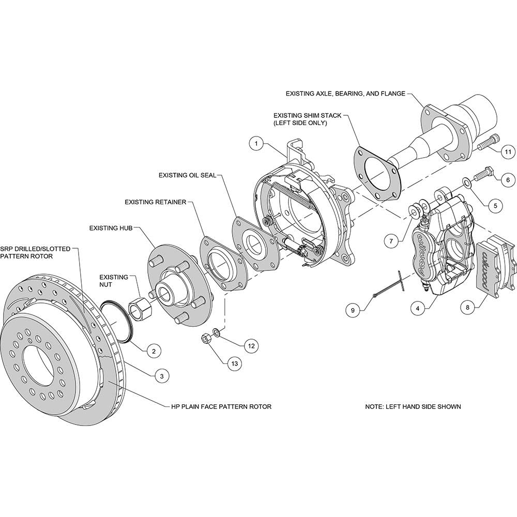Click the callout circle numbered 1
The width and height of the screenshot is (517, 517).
(256, 144)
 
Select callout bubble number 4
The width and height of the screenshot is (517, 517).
(418, 309)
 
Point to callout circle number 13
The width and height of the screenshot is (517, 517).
(235, 363)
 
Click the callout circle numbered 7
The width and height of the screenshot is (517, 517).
(391, 241)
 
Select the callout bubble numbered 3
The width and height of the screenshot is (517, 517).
(162, 376)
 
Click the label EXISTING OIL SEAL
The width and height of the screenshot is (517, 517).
(187, 175)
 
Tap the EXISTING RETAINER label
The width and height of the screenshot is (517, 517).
(155, 202)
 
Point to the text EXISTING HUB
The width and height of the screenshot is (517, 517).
(111, 228)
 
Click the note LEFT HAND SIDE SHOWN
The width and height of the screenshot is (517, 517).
(413, 406)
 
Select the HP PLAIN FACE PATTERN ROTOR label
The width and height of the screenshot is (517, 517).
(220, 406)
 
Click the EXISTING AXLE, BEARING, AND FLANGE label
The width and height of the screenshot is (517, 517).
(345, 94)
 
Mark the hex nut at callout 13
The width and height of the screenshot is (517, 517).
(205, 339)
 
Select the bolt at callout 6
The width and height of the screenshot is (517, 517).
(485, 174)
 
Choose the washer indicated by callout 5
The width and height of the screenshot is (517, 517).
(466, 182)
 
